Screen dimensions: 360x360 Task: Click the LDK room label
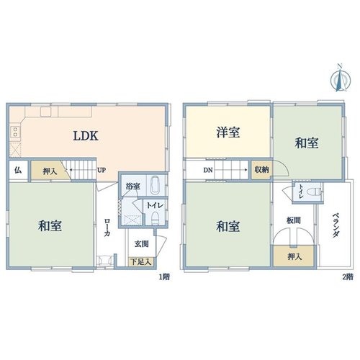86,136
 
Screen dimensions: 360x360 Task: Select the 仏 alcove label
18,170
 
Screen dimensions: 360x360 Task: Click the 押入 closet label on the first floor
50,171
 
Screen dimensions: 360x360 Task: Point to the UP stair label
102,170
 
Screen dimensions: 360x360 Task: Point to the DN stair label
208,170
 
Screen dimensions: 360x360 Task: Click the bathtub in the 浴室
155,185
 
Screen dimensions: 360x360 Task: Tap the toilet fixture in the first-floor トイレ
156,217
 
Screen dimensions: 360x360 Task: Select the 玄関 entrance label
141,244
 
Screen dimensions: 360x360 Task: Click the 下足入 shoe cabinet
141,262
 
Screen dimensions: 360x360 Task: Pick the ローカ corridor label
107,228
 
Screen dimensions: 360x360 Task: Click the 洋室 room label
228,132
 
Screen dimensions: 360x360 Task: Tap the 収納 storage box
261,170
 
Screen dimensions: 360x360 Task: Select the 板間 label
294,220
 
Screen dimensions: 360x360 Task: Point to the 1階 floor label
164,277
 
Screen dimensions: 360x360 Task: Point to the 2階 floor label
348,277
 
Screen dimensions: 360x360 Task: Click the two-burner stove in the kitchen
15,132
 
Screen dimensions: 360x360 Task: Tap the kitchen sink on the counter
45,112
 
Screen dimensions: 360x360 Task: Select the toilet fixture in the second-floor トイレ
315,192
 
